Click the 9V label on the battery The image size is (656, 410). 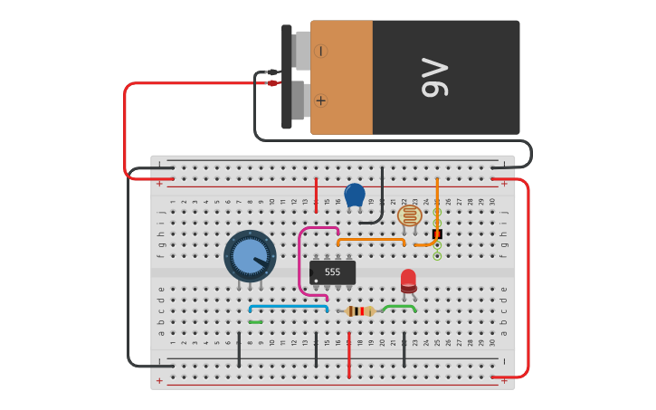[x=435, y=78]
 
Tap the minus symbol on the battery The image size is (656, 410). [x=321, y=51]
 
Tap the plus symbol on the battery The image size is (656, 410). [x=321, y=100]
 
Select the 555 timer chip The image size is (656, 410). [x=332, y=272]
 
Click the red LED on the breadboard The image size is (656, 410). [x=408, y=280]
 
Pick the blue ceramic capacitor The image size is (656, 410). [x=355, y=195]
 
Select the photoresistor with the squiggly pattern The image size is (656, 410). [x=410, y=215]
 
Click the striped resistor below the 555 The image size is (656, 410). [x=360, y=311]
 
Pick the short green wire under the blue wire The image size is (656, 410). [x=255, y=322]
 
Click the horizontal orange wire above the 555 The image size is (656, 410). [x=371, y=240]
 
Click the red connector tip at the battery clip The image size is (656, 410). [x=273, y=83]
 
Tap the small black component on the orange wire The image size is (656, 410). [x=437, y=233]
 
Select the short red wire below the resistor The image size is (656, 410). [x=348, y=355]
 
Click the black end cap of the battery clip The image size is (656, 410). [x=286, y=77]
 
